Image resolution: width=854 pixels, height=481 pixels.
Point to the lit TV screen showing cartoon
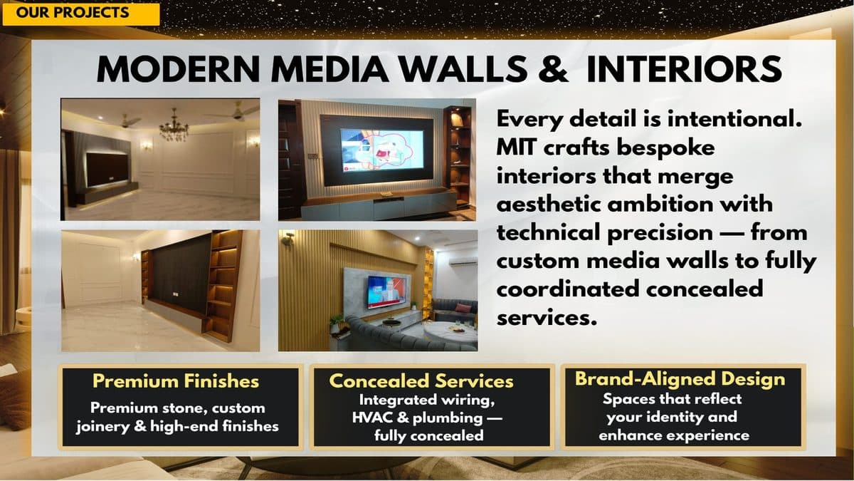tap(381, 149)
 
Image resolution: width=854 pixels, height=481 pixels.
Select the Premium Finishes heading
tap(176, 381)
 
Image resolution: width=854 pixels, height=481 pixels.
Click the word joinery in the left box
tap(110, 426)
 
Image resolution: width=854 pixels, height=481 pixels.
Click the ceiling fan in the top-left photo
tap(127, 120)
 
